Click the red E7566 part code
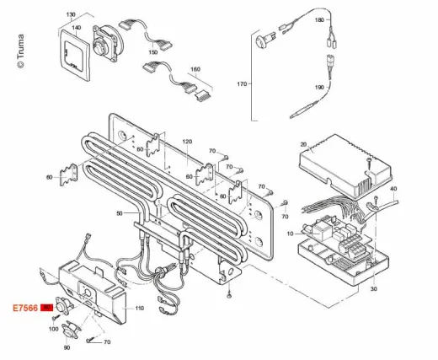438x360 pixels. [x=25, y=308]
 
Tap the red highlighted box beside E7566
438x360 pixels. [x=46, y=308]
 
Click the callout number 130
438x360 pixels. [x=71, y=14]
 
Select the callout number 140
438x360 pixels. [x=77, y=28]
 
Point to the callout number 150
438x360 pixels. [x=153, y=52]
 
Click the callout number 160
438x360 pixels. [x=195, y=69]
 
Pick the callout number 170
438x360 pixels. [x=242, y=83]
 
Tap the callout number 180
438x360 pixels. [x=319, y=20]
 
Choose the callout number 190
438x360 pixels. [x=319, y=88]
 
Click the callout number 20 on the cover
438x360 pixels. [x=303, y=144]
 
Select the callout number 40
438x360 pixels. [x=393, y=189]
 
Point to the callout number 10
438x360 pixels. [x=291, y=234]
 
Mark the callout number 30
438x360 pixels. [x=374, y=288]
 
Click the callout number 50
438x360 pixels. [x=120, y=213]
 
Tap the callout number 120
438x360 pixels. [x=187, y=142]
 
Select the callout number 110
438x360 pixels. [x=140, y=309]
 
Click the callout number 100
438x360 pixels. [x=54, y=329]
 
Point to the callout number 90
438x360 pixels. [x=67, y=348]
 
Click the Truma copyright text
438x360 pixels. [x=21, y=51]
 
